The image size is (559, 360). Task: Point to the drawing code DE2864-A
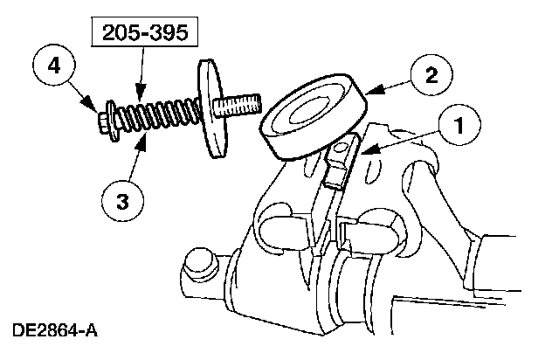[x=54, y=331]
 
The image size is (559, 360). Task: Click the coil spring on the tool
[x=157, y=115]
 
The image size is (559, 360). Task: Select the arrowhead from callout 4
[x=96, y=108]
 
